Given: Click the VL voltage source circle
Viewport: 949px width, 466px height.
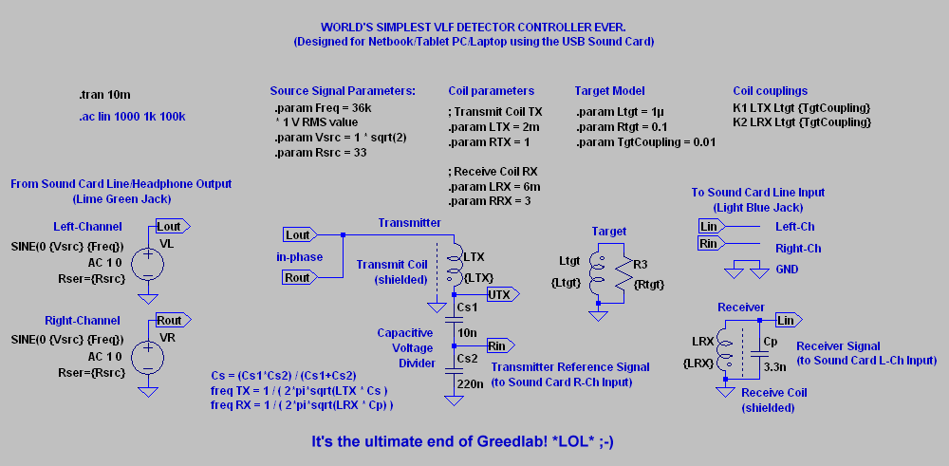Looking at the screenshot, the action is tap(148, 263).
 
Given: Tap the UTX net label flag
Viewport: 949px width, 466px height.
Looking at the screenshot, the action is tap(503, 295).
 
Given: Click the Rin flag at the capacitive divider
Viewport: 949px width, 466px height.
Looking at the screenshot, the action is tap(500, 345).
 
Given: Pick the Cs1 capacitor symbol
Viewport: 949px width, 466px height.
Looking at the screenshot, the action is tap(454, 320).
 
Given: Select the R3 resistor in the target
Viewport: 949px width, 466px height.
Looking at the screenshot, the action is tap(623, 273).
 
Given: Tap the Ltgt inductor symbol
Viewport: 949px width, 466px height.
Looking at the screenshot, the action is tap(598, 273).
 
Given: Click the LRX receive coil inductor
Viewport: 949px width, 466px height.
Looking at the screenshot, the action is tap(724, 352).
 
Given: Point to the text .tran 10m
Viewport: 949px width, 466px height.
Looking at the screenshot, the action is tap(104, 95).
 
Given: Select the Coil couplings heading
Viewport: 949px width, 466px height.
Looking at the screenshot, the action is tap(771, 91).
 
